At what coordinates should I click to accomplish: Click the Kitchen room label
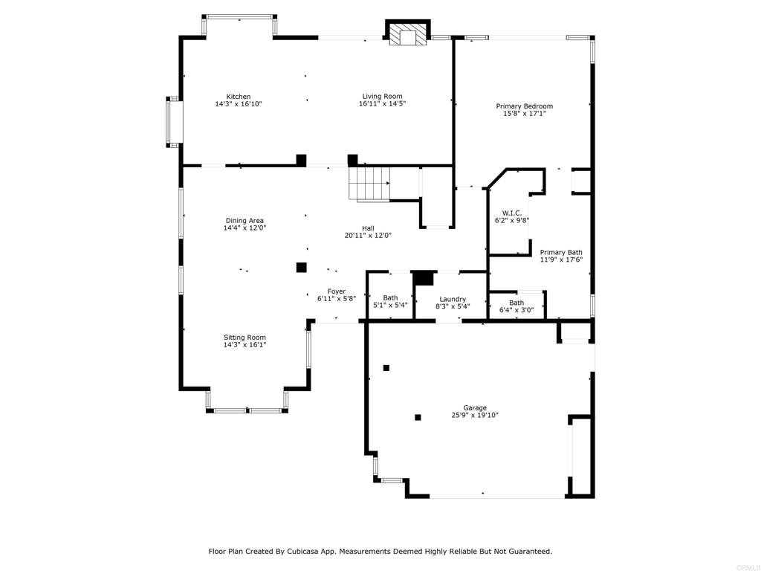click(239, 97)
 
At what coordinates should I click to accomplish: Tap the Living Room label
click(383, 96)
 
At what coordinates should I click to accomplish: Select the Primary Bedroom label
click(524, 106)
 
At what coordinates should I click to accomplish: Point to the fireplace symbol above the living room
click(408, 33)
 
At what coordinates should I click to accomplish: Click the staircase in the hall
click(369, 184)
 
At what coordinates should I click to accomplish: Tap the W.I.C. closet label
click(511, 213)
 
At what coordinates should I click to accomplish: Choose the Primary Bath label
click(561, 253)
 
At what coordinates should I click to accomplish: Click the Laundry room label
click(453, 299)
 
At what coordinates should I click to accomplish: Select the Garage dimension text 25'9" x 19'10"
click(475, 415)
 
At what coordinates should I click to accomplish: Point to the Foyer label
click(337, 291)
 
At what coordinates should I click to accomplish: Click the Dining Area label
click(245, 220)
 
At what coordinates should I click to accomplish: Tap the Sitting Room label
click(245, 338)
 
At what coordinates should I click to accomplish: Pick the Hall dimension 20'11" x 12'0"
click(368, 236)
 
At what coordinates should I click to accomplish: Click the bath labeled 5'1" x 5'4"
click(390, 297)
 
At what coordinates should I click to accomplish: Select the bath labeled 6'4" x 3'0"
click(516, 303)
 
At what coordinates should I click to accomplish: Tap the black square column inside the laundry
click(423, 278)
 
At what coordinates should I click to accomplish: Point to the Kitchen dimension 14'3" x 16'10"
click(239, 104)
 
